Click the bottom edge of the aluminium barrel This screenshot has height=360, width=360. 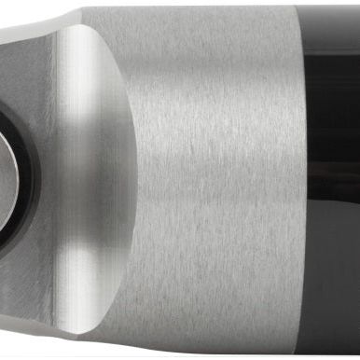pyautogui.click(x=205, y=355)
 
